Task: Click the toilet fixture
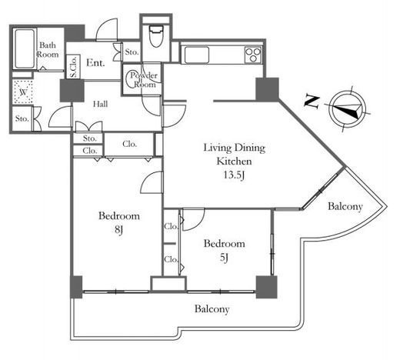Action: (156, 35)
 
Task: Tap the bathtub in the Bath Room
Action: (24, 48)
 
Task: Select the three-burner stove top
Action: (253, 55)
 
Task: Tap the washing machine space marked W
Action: (23, 92)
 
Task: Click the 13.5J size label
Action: (234, 175)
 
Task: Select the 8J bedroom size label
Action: (118, 229)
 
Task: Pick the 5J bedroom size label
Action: (224, 257)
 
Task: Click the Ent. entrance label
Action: (95, 62)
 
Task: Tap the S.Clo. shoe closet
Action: (74, 66)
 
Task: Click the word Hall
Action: (100, 104)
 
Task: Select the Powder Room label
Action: (144, 80)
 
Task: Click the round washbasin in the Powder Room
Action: (134, 79)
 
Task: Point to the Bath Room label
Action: (48, 50)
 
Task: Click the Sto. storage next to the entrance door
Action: (132, 52)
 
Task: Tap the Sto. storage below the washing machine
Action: (22, 118)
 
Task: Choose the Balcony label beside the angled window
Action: (345, 206)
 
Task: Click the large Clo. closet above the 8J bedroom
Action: (129, 144)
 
